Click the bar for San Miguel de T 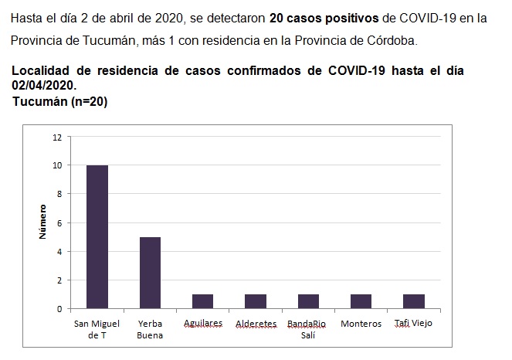pyautogui.click(x=97, y=237)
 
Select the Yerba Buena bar pyautogui.click(x=150, y=273)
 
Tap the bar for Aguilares pyautogui.click(x=202, y=301)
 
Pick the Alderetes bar pyautogui.click(x=256, y=301)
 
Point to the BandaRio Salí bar pyautogui.click(x=308, y=301)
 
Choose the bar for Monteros pyautogui.click(x=361, y=301)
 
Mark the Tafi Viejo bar pyautogui.click(x=413, y=301)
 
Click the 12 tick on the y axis pyautogui.click(x=56, y=138)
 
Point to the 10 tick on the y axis pyautogui.click(x=56, y=165)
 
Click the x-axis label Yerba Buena pyautogui.click(x=150, y=328)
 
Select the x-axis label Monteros pyautogui.click(x=361, y=324)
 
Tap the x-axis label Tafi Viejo pyautogui.click(x=413, y=324)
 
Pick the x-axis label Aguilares pyautogui.click(x=202, y=324)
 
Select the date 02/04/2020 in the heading pyautogui.click(x=44, y=85)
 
